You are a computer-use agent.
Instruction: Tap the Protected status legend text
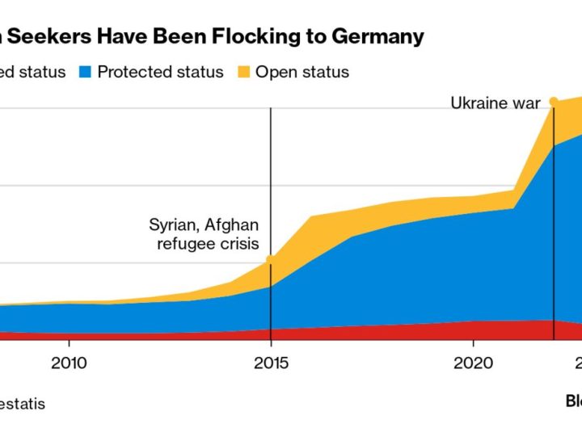click(160, 72)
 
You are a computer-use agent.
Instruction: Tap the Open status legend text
click(302, 72)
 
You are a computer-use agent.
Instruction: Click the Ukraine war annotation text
click(495, 103)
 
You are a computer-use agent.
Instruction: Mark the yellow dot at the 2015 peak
click(271, 259)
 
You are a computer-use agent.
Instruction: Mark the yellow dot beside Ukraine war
click(554, 102)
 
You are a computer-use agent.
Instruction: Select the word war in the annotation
click(525, 103)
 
